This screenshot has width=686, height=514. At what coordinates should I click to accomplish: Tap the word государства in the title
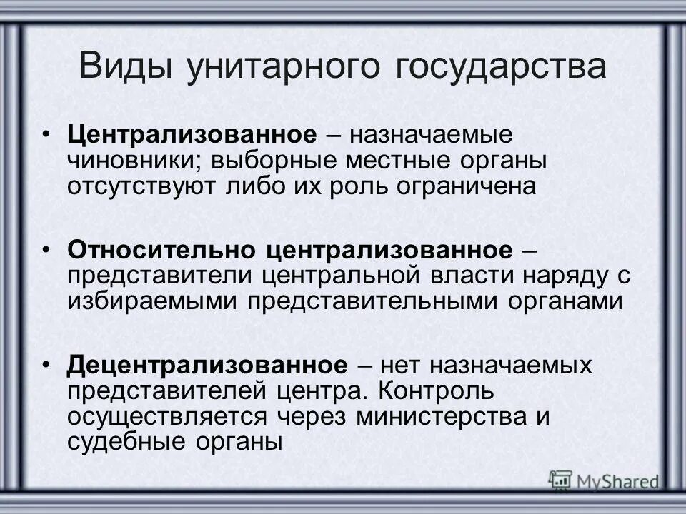pyautogui.click(x=499, y=67)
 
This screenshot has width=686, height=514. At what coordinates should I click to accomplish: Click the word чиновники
pyautogui.click(x=136, y=161)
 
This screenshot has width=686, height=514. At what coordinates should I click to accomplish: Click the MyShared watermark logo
pyautogui.click(x=604, y=480)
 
